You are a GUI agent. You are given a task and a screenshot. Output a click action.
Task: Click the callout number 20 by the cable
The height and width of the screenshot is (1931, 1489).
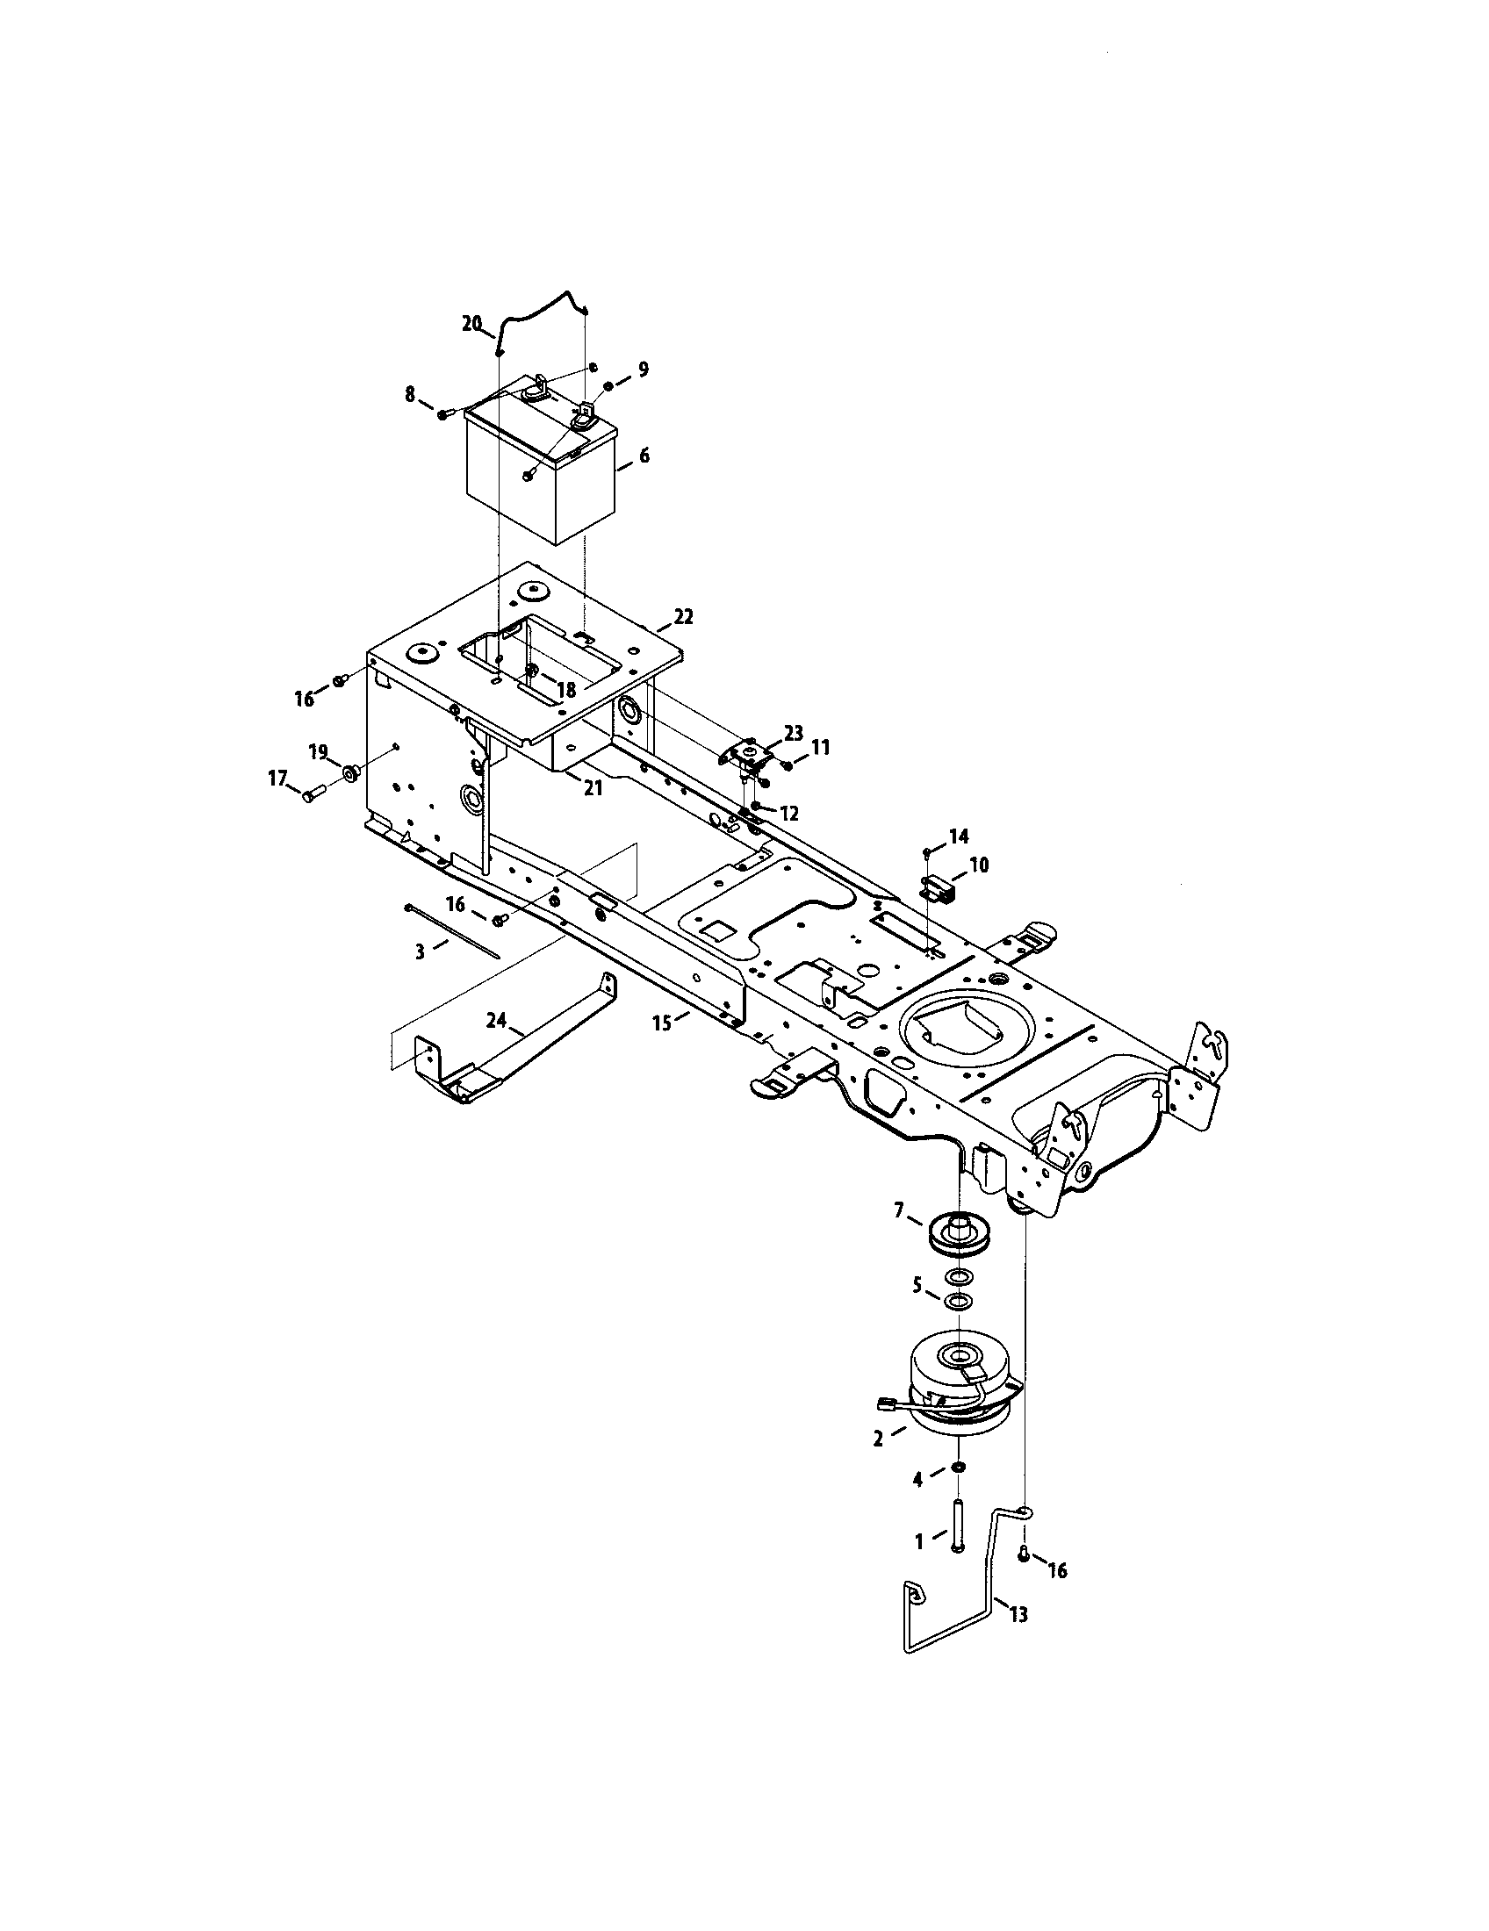(472, 324)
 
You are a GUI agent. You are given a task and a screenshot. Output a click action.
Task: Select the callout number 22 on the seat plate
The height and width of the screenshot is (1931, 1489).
(684, 617)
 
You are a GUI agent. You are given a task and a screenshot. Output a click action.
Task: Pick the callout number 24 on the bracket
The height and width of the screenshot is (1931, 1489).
(496, 1021)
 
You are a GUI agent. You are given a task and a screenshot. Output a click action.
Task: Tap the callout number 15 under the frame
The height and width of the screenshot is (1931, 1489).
(662, 1023)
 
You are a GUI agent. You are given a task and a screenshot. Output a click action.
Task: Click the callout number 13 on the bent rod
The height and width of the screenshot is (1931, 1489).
(1018, 1614)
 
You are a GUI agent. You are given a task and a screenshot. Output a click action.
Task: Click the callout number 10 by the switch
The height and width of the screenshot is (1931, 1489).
(978, 865)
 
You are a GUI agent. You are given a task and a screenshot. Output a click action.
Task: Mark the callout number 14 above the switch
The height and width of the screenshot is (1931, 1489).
(959, 836)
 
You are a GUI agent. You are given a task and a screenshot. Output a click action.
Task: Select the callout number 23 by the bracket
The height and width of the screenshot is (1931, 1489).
(793, 732)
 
